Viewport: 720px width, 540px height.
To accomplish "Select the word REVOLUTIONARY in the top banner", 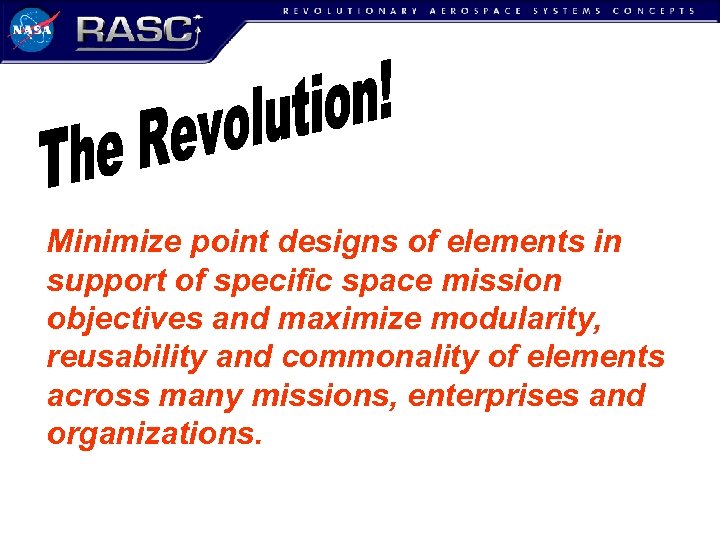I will tap(347, 11).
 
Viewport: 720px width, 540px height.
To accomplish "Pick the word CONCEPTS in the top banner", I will tap(653, 11).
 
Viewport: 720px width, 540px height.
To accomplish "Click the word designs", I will tap(335, 242).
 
